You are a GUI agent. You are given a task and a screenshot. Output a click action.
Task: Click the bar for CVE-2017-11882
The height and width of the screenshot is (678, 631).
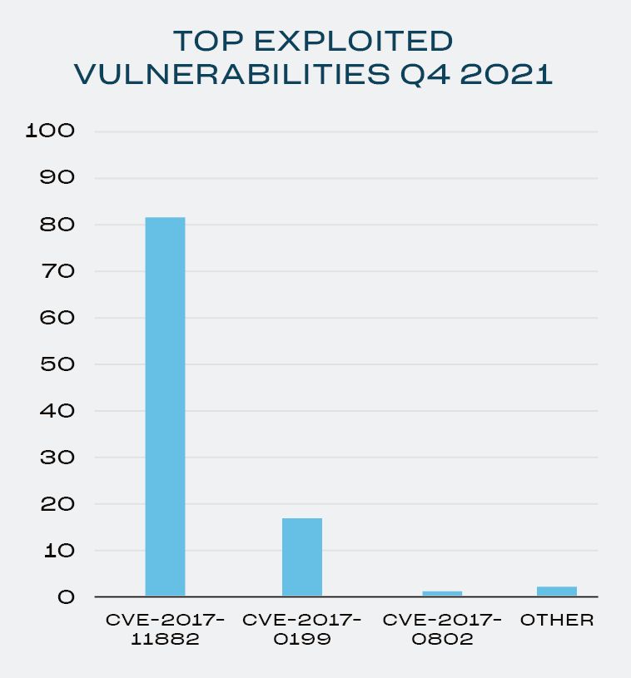point(165,406)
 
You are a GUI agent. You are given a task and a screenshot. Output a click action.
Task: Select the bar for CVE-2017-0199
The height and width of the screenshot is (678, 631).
point(301,557)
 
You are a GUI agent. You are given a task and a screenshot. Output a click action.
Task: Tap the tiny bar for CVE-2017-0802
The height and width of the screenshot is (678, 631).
point(441,593)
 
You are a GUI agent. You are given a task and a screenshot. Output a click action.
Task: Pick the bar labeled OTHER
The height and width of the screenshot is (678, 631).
point(556,591)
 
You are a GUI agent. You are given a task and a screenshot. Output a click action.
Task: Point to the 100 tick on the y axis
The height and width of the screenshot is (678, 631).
point(51,131)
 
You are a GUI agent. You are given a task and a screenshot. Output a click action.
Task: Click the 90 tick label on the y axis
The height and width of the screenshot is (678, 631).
point(56,177)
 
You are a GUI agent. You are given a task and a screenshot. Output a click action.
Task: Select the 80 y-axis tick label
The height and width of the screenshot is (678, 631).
point(56,225)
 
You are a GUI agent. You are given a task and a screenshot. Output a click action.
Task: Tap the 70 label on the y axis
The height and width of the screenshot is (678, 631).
point(56,271)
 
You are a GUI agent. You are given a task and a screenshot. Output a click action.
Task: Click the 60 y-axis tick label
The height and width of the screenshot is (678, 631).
point(56,318)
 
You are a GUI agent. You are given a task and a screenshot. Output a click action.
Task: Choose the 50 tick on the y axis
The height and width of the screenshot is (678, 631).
point(56,364)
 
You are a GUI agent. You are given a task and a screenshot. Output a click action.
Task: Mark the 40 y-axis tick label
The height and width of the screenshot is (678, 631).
point(56,411)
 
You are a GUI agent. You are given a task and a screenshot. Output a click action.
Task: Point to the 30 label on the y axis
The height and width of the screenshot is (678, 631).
point(56,458)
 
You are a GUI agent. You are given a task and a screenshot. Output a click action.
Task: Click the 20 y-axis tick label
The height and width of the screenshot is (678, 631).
point(56,504)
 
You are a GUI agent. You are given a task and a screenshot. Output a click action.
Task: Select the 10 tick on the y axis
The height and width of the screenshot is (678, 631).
point(56,551)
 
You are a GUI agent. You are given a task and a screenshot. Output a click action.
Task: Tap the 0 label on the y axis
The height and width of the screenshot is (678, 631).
point(65,597)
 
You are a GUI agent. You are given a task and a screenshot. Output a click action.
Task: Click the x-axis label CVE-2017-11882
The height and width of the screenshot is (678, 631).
point(165,630)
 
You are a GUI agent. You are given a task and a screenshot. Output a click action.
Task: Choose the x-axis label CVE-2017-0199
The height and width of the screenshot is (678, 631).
point(301,630)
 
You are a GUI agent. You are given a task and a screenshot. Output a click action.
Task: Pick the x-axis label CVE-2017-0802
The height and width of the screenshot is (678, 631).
point(441,630)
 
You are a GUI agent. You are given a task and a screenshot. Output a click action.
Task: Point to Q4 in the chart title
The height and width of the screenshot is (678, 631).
point(420,74)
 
